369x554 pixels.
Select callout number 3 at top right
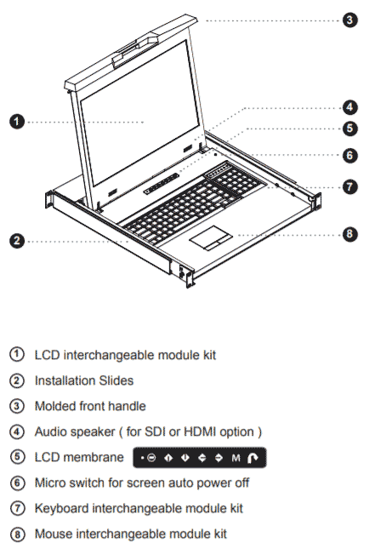[350, 19]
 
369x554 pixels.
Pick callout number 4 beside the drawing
[350, 107]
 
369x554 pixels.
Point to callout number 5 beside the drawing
[350, 129]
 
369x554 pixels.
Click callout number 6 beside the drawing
[350, 155]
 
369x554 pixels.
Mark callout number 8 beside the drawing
[350, 234]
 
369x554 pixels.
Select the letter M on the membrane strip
[236, 458]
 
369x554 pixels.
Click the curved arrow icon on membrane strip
[253, 458]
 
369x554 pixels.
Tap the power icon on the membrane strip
[151, 458]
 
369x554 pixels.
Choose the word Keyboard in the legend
[64, 509]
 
